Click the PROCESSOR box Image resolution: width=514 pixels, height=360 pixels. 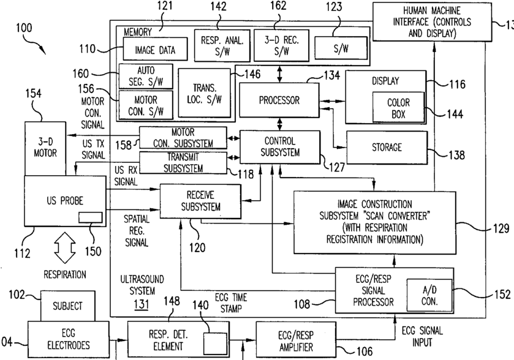coord(279,100)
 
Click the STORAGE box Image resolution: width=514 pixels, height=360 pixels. coord(386,147)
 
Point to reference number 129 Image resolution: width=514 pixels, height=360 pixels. coord(501,229)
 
